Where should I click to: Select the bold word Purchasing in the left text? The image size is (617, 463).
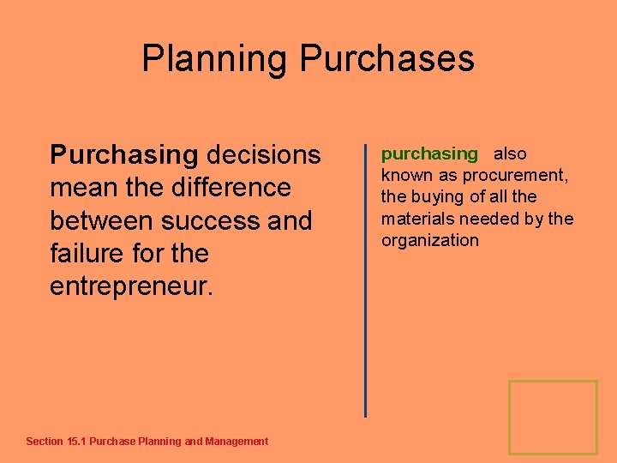pos(124,155)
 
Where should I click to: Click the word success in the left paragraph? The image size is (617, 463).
pos(218,220)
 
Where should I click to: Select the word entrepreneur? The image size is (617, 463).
pos(130,286)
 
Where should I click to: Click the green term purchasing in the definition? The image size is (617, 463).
pos(429,154)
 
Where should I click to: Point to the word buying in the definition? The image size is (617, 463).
pos(436,197)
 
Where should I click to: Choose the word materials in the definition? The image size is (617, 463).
pos(419,219)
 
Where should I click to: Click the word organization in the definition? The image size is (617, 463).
pos(430,241)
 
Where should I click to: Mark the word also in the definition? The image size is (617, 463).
pos(510,154)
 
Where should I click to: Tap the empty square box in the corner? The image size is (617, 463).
pos(553,417)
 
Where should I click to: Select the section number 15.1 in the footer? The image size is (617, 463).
pos(76,442)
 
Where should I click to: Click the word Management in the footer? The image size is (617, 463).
pos(237,442)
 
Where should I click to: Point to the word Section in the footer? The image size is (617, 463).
pos(45,442)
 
